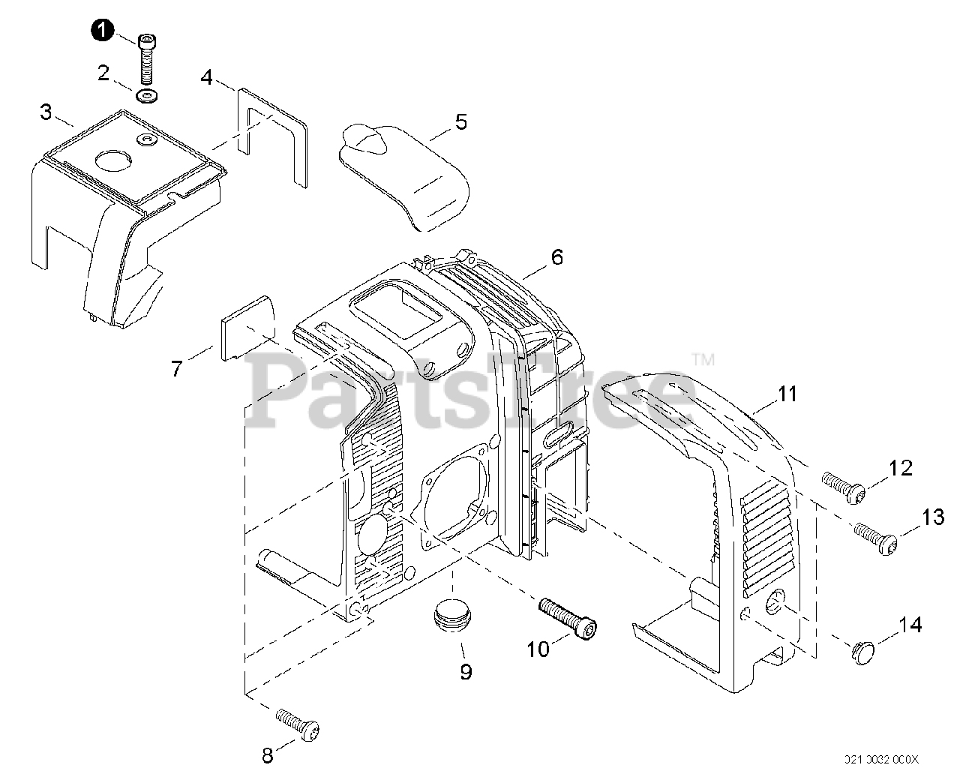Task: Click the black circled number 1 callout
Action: click(103, 31)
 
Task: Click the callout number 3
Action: click(46, 112)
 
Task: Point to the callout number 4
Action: click(206, 76)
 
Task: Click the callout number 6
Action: click(556, 257)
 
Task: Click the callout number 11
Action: click(787, 394)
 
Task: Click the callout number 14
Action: click(910, 624)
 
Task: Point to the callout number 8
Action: click(268, 755)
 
